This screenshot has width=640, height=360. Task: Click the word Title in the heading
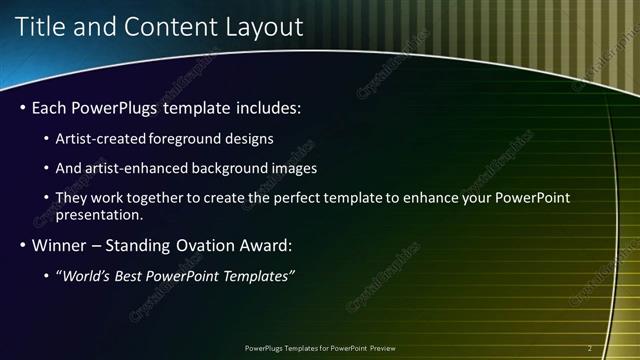click(41, 28)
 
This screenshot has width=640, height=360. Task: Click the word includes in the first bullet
click(262, 107)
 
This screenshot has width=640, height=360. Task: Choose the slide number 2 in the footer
click(590, 348)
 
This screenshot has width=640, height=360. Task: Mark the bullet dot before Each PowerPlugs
click(22, 107)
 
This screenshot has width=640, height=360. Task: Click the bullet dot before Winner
click(22, 245)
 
